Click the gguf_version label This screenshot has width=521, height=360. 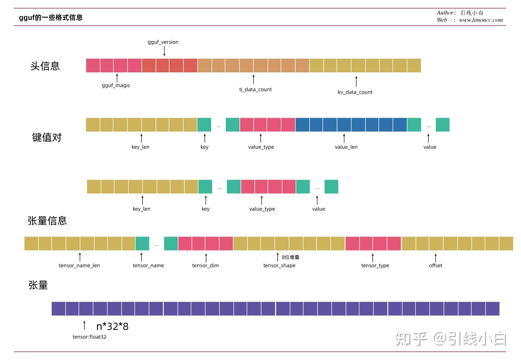[x=163, y=42]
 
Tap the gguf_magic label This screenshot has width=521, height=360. [x=116, y=85]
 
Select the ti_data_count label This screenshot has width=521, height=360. [x=255, y=90]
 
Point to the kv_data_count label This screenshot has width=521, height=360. [x=355, y=92]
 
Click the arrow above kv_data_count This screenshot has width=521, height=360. [x=356, y=81]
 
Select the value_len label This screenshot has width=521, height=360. [x=346, y=147]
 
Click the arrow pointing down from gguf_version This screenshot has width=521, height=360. [x=164, y=51]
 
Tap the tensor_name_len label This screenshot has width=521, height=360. [x=79, y=266]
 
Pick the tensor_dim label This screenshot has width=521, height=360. [x=205, y=266]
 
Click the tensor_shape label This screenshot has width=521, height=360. [x=279, y=266]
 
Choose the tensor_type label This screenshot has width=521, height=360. [x=375, y=266]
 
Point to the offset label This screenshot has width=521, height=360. [x=435, y=266]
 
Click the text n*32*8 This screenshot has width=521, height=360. [x=112, y=327]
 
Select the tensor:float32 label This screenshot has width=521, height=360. [x=89, y=337]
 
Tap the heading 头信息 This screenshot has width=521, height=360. [x=45, y=66]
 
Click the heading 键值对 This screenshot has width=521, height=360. [x=47, y=138]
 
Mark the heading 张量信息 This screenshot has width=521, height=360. [x=47, y=221]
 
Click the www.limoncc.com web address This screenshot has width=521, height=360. [x=481, y=20]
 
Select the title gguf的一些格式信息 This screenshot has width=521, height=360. [x=51, y=18]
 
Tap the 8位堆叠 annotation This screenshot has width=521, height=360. [x=291, y=257]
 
